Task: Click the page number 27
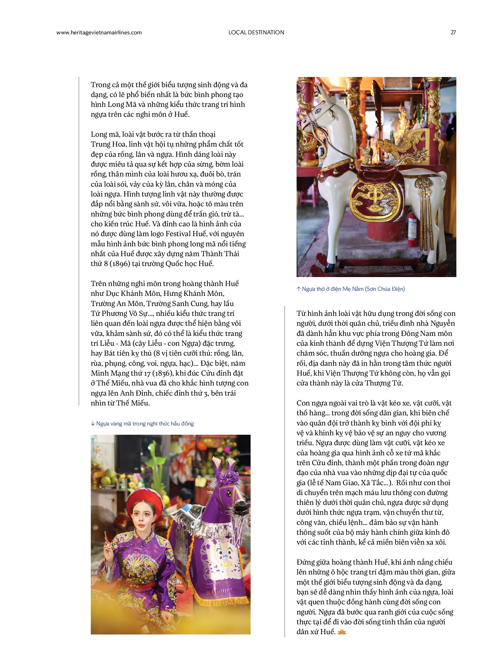tap(453, 33)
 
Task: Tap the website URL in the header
tap(99, 33)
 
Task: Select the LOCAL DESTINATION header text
tap(256, 33)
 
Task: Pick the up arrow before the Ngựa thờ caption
tap(298, 289)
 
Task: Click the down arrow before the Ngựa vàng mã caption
tap(93, 424)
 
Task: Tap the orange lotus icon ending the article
tap(341, 632)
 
